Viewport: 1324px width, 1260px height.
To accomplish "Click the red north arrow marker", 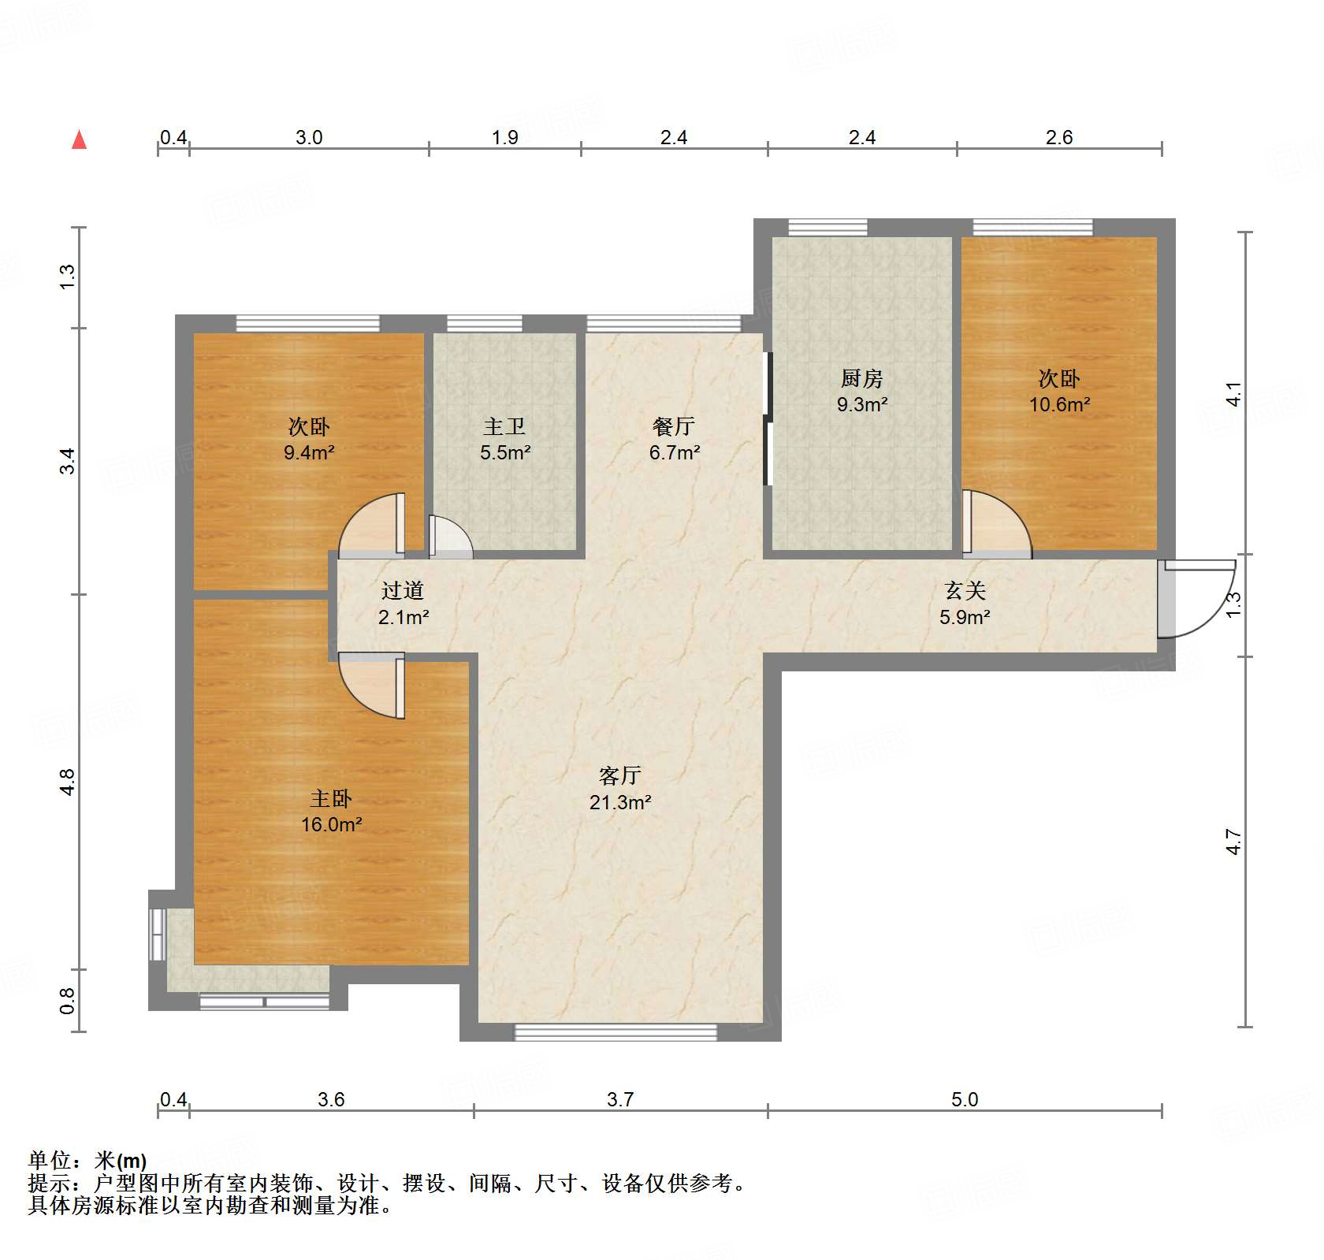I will (79, 140).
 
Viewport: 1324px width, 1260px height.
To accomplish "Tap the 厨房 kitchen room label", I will (861, 379).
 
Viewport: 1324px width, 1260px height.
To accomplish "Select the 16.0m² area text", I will (331, 824).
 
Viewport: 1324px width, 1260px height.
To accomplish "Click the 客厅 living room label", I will (619, 776).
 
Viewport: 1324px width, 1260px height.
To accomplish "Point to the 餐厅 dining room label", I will (674, 426).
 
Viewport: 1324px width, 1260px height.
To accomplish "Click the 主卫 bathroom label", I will (504, 426).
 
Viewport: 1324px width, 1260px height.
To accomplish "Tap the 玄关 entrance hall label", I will (965, 590).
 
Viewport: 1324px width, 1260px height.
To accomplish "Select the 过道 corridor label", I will (403, 590).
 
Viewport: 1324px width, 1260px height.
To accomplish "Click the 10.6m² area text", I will (1059, 404).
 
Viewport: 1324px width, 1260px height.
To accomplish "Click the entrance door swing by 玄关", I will (1198, 599).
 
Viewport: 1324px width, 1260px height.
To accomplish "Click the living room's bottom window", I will (616, 1031).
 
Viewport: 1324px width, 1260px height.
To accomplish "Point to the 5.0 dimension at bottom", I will (964, 1099).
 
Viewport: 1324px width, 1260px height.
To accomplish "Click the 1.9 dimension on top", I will (505, 138).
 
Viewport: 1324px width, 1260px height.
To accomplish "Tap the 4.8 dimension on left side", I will (67, 782).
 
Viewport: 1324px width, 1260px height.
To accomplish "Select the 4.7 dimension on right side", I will (1233, 842).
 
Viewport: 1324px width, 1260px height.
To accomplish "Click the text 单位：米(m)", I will (87, 1161).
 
